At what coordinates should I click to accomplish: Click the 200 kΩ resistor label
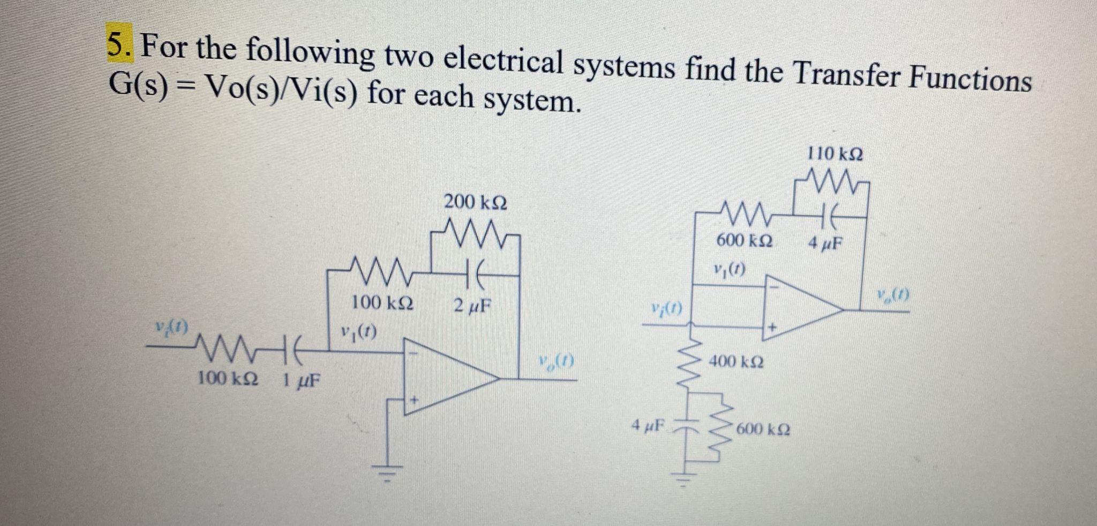pos(476,203)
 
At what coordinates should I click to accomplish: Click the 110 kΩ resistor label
pos(835,154)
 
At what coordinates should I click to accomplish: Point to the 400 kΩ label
pos(737,362)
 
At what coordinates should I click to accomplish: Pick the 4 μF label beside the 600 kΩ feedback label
pos(825,244)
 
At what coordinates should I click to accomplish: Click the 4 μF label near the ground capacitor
pos(647,426)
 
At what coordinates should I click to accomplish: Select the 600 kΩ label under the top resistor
pos(745,241)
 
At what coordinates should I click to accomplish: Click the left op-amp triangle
pos(445,378)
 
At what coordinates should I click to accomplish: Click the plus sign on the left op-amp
pos(414,400)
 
